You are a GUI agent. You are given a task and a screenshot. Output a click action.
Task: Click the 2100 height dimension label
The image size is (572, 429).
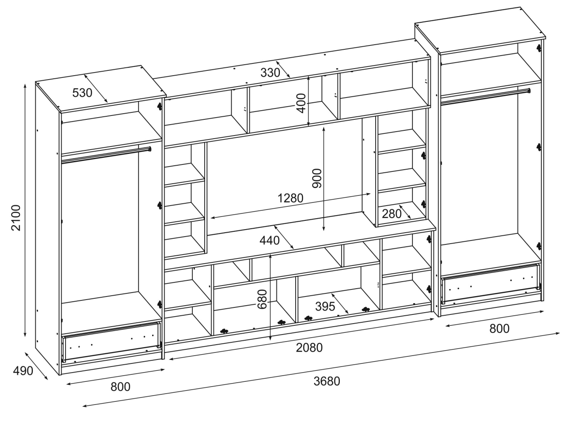(16, 218)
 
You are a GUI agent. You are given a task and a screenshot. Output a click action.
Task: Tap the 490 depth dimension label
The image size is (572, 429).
(22, 371)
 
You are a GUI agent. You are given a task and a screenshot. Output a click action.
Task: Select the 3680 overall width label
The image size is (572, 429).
(327, 381)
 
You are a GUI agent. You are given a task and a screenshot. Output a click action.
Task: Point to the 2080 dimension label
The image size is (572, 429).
(309, 348)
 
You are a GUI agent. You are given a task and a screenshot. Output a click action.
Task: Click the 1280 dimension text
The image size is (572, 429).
(290, 198)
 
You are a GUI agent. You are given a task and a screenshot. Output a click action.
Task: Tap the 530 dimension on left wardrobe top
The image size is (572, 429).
(82, 93)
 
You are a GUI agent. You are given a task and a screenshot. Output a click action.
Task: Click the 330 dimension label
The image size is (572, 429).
(270, 73)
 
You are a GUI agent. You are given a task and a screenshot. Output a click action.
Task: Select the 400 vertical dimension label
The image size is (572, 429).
(301, 103)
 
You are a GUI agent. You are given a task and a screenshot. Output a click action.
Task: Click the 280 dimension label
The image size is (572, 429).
(391, 214)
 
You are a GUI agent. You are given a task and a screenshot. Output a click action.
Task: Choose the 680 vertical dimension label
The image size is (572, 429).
(262, 299)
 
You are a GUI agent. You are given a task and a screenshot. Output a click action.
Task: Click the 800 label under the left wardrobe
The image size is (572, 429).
(120, 387)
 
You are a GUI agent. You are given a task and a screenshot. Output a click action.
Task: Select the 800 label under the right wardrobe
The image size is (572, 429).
(499, 328)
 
